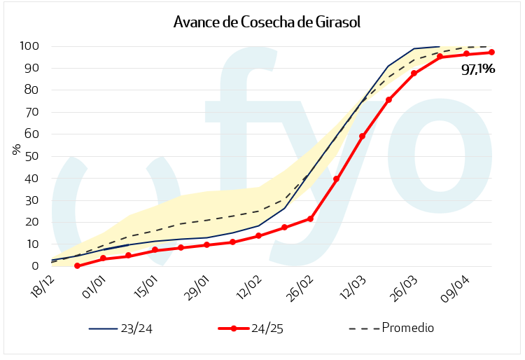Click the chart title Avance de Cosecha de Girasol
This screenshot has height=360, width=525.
(x=267, y=22)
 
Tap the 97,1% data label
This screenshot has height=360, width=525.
(x=478, y=69)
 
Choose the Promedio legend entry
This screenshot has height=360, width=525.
(x=407, y=328)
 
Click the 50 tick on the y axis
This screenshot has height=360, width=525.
(x=31, y=156)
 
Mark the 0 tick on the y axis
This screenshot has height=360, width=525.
(x=34, y=266)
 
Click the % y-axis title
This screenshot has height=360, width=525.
(x=15, y=150)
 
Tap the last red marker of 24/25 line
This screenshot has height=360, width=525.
(x=491, y=53)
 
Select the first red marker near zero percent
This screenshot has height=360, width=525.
(x=77, y=266)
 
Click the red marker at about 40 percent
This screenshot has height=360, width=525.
(x=336, y=179)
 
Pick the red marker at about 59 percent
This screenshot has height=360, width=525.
(x=362, y=137)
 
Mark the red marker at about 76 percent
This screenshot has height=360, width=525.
(x=388, y=100)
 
